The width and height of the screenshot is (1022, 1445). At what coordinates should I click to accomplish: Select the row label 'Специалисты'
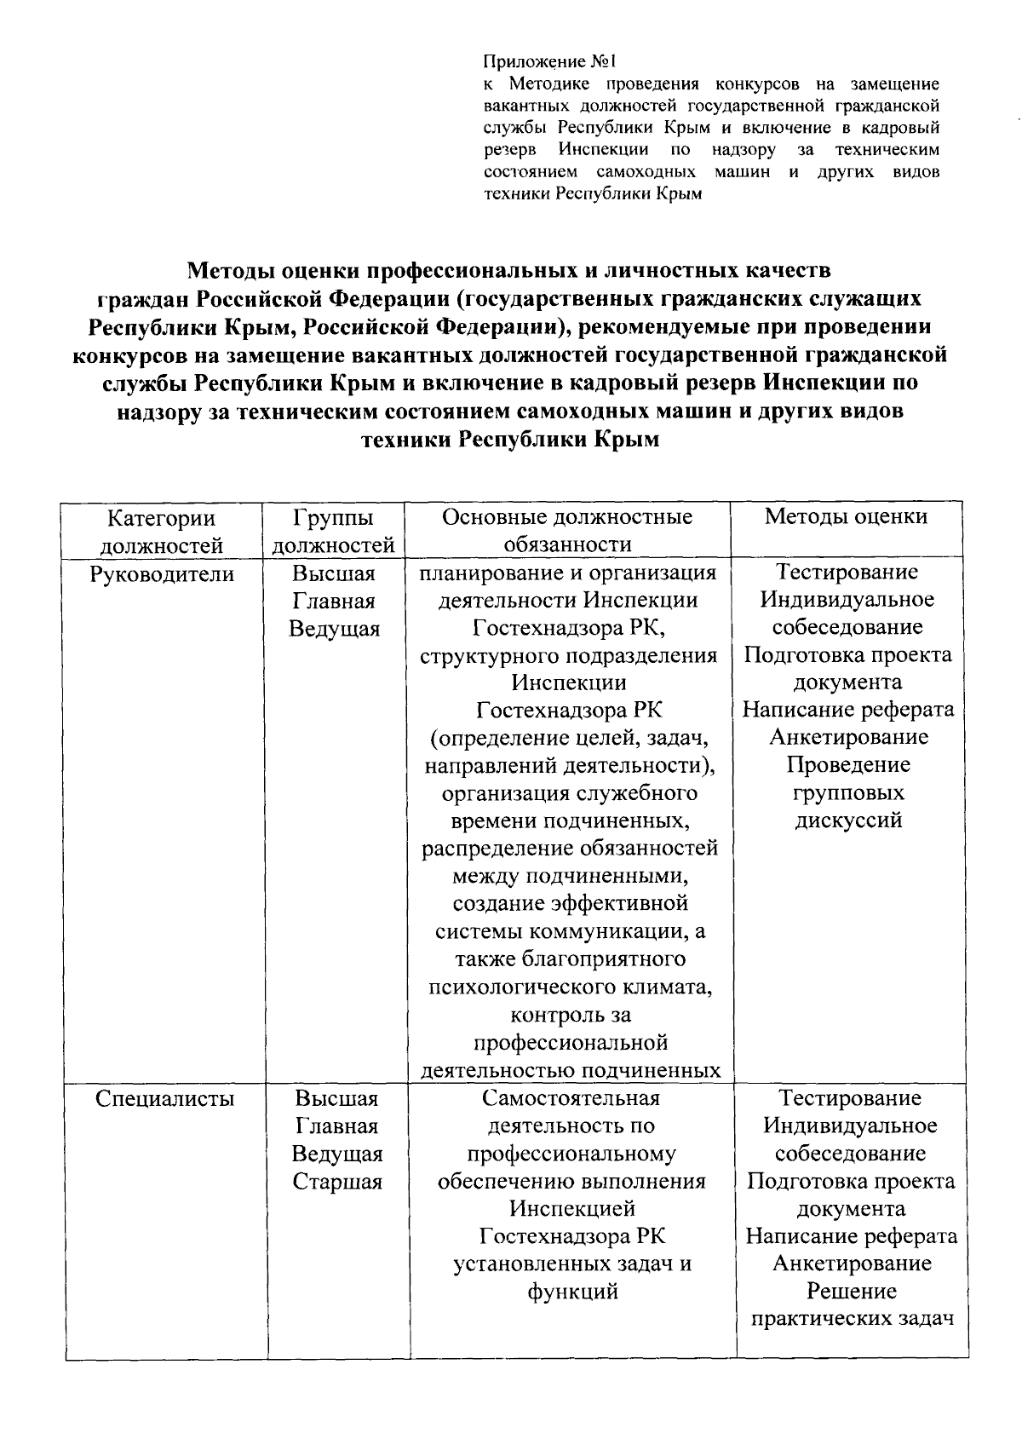(164, 1099)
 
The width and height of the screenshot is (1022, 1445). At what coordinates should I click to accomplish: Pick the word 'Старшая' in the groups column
(337, 1182)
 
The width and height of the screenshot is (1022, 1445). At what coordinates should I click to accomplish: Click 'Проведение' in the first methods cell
(848, 765)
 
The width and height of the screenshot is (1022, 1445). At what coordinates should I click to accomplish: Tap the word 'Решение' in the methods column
(852, 1292)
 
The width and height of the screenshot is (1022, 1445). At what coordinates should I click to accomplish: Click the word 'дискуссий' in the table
(848, 821)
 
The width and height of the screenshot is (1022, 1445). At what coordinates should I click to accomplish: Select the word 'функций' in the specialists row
(572, 1292)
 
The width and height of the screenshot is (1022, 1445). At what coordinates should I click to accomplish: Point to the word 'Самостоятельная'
(571, 1099)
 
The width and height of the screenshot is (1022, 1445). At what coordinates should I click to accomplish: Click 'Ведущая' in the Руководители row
(334, 630)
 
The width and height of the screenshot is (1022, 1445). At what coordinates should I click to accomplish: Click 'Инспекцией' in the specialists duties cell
(572, 1209)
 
